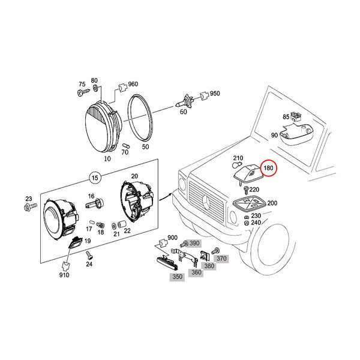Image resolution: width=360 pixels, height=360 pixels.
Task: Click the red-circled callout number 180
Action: click(x=268, y=168)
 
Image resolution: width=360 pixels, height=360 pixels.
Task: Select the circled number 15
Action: click(x=95, y=178)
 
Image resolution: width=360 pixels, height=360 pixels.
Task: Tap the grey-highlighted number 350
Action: click(x=177, y=277)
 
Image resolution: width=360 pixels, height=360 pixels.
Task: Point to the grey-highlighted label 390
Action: click(x=194, y=243)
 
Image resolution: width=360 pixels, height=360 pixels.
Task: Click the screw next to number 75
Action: click(x=83, y=92)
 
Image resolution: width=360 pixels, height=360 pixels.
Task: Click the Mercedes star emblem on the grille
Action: click(x=206, y=202)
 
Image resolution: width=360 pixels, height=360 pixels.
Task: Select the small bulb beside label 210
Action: click(x=237, y=165)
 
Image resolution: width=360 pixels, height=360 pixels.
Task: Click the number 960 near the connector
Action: click(x=133, y=84)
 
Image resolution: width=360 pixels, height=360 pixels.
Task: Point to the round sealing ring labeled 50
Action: click(x=140, y=118)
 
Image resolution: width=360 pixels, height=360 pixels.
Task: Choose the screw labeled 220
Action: click(x=246, y=190)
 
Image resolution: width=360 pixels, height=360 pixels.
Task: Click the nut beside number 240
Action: click(x=247, y=223)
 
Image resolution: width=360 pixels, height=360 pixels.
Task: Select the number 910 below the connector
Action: click(x=64, y=275)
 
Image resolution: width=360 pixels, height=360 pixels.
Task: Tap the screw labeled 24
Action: click(x=88, y=256)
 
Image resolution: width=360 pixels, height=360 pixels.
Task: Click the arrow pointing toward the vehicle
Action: click(x=166, y=197)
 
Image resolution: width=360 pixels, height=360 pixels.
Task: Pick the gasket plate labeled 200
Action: click(x=249, y=203)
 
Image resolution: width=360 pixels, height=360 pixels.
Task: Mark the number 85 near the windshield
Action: click(x=286, y=117)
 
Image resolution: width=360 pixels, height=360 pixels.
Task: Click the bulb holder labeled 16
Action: click(x=95, y=203)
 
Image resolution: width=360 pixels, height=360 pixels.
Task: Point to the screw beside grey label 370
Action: click(x=215, y=251)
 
